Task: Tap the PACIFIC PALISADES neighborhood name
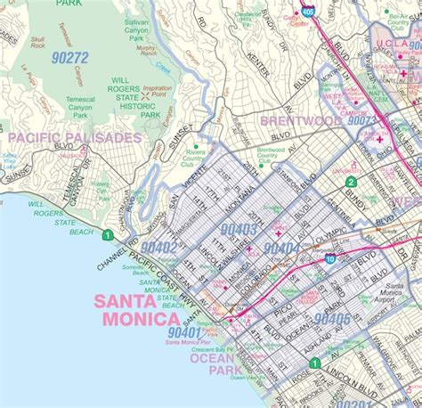[x=75, y=138]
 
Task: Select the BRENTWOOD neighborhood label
[x=299, y=119]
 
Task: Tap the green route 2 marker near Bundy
[x=351, y=183]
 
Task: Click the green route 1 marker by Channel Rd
[x=107, y=235]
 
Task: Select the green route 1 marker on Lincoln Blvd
[x=313, y=363]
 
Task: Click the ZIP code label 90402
[x=158, y=247]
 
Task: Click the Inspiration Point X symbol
[x=145, y=94]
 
